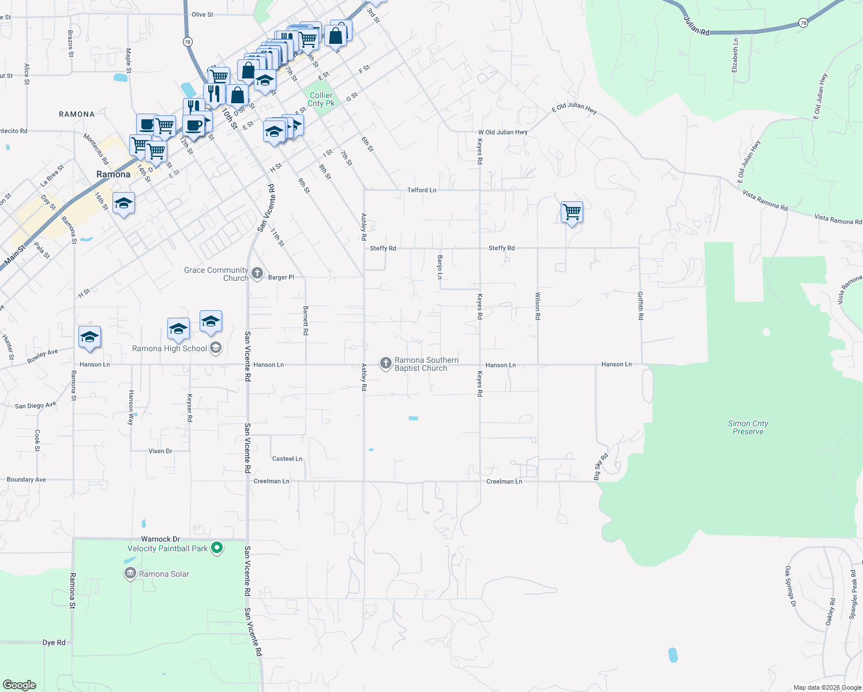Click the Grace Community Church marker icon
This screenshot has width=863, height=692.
point(257,273)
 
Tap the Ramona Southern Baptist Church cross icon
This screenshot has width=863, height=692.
point(386,363)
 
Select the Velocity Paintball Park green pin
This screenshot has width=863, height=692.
point(217,548)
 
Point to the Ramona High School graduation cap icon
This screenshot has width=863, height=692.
point(216,348)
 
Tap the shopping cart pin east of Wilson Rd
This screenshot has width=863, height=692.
point(572,212)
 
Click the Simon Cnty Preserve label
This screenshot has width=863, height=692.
point(748,427)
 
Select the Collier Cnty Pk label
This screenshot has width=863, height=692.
point(321,99)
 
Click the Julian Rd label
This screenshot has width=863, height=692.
point(696,26)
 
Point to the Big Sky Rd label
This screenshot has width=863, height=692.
point(601,467)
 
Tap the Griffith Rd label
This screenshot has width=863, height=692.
point(640,306)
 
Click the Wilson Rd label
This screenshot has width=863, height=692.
point(537,306)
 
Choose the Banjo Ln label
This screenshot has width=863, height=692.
point(440,267)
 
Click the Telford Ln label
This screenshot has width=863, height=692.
point(422,190)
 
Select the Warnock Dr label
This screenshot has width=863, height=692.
point(160,539)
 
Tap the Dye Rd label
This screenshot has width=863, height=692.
point(54,642)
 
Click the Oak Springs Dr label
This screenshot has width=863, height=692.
point(790,586)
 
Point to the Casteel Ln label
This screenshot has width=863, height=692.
point(287,459)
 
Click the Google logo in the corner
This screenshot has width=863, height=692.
point(20,685)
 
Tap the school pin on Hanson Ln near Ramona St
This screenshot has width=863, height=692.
point(89,337)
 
